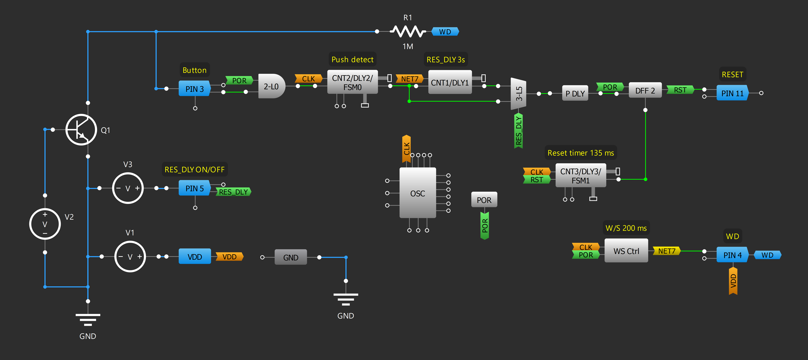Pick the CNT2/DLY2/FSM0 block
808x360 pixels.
coord(352,82)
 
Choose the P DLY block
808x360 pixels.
coord(575,94)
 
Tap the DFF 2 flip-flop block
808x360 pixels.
coord(645,91)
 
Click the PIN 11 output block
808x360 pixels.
coord(732,93)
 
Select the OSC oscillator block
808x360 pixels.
coord(417,193)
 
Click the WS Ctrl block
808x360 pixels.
coord(626,251)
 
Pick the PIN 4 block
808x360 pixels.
coord(732,255)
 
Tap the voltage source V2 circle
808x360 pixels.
coord(45,224)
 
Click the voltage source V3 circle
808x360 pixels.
coord(128,188)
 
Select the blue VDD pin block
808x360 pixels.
coord(195,256)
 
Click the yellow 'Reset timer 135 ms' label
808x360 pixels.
coord(581,153)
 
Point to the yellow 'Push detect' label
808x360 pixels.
coord(352,59)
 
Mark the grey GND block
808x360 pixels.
coord(290,257)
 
